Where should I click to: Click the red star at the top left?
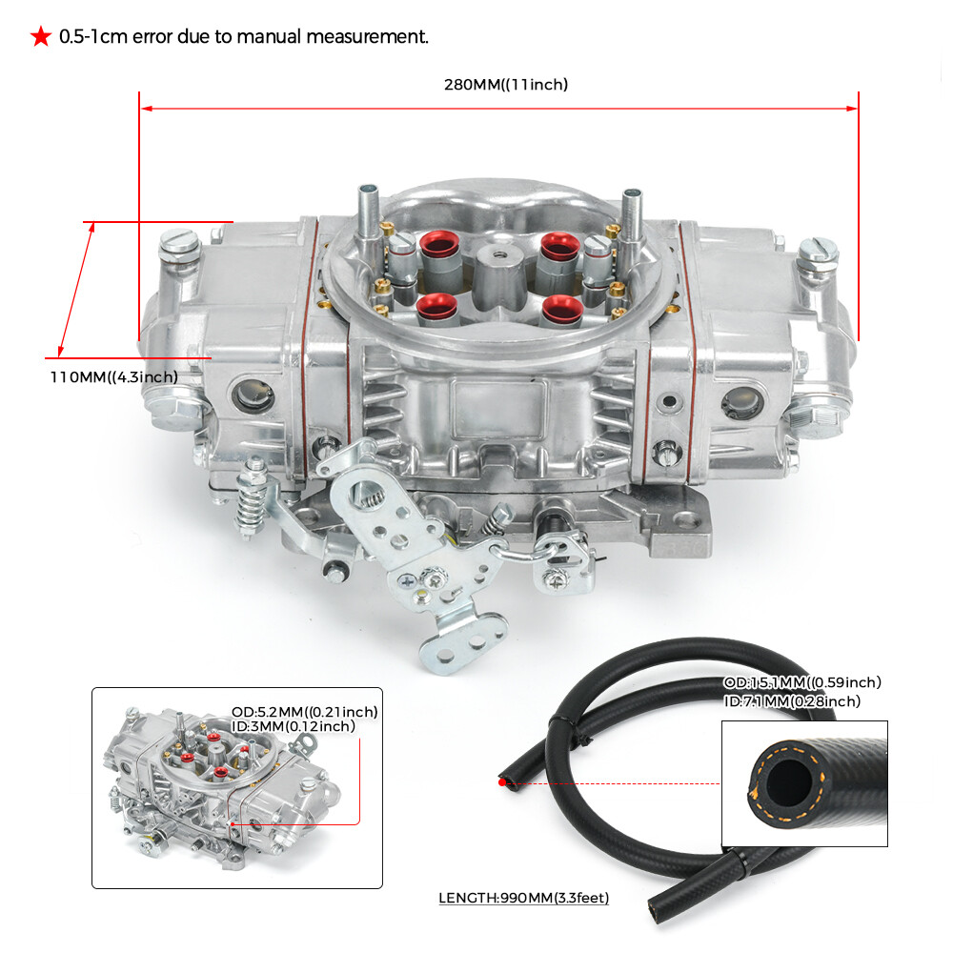(x=40, y=37)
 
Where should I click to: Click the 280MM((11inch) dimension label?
(x=505, y=85)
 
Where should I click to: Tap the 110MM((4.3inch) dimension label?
(x=113, y=376)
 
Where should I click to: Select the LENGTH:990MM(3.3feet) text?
(x=523, y=897)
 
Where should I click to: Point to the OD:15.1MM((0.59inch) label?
(x=801, y=682)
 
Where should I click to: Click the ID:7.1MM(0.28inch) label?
(x=791, y=701)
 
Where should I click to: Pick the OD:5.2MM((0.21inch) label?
(x=304, y=711)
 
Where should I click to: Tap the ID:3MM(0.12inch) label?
(x=293, y=726)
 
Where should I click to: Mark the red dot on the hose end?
(x=502, y=782)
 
